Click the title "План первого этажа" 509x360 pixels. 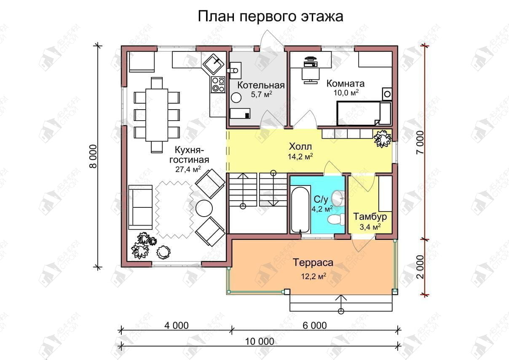[x=271, y=17]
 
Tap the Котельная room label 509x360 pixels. [x=261, y=85]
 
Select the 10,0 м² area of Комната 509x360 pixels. [x=346, y=92]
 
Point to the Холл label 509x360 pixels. [x=300, y=147]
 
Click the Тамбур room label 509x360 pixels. [x=370, y=217]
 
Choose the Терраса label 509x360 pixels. [x=313, y=263]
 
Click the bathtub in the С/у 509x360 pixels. [x=300, y=210]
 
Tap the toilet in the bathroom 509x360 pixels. [x=336, y=220]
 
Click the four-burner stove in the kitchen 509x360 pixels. [x=218, y=85]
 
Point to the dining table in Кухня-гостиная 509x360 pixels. [x=157, y=115]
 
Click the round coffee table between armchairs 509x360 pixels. [x=204, y=208]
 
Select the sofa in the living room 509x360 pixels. [x=140, y=207]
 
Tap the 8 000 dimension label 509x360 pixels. [x=93, y=156]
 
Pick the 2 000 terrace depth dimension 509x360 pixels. [x=421, y=267]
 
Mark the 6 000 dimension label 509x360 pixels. [x=315, y=325]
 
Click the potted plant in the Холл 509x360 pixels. [x=383, y=138]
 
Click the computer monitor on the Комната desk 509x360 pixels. [x=310, y=59]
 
